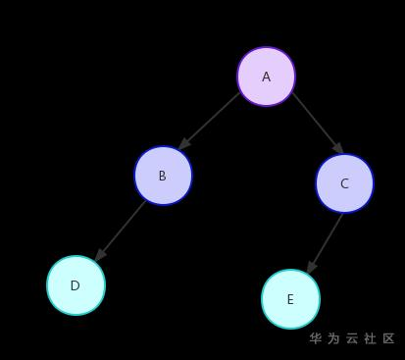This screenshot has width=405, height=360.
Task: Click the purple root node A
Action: point(266,76)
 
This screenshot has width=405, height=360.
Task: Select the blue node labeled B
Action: point(163,176)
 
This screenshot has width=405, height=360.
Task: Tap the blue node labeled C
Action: point(344,183)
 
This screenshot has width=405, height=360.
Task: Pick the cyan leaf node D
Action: point(76,285)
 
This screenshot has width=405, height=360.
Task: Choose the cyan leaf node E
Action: point(290,299)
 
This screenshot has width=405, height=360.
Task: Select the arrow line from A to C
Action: point(317,123)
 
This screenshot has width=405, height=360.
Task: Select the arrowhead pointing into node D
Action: point(99,254)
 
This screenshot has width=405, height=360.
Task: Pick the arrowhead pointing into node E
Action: point(311,268)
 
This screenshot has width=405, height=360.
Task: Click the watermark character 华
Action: point(316,338)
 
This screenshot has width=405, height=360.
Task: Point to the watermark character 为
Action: point(334,338)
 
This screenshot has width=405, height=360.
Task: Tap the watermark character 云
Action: point(352,338)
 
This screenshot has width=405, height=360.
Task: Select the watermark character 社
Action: point(371,338)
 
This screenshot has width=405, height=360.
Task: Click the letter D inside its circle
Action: point(76,285)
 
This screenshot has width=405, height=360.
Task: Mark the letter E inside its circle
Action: point(290,299)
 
